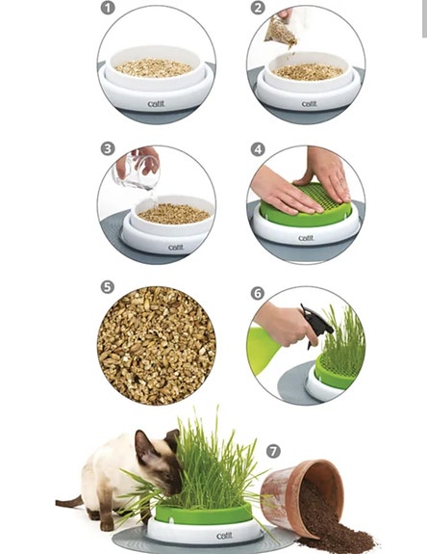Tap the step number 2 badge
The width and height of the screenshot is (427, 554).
point(257,9)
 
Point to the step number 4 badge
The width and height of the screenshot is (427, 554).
point(257,149)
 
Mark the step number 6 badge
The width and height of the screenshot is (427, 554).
point(257,293)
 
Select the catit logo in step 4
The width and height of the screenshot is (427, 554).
point(305,237)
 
